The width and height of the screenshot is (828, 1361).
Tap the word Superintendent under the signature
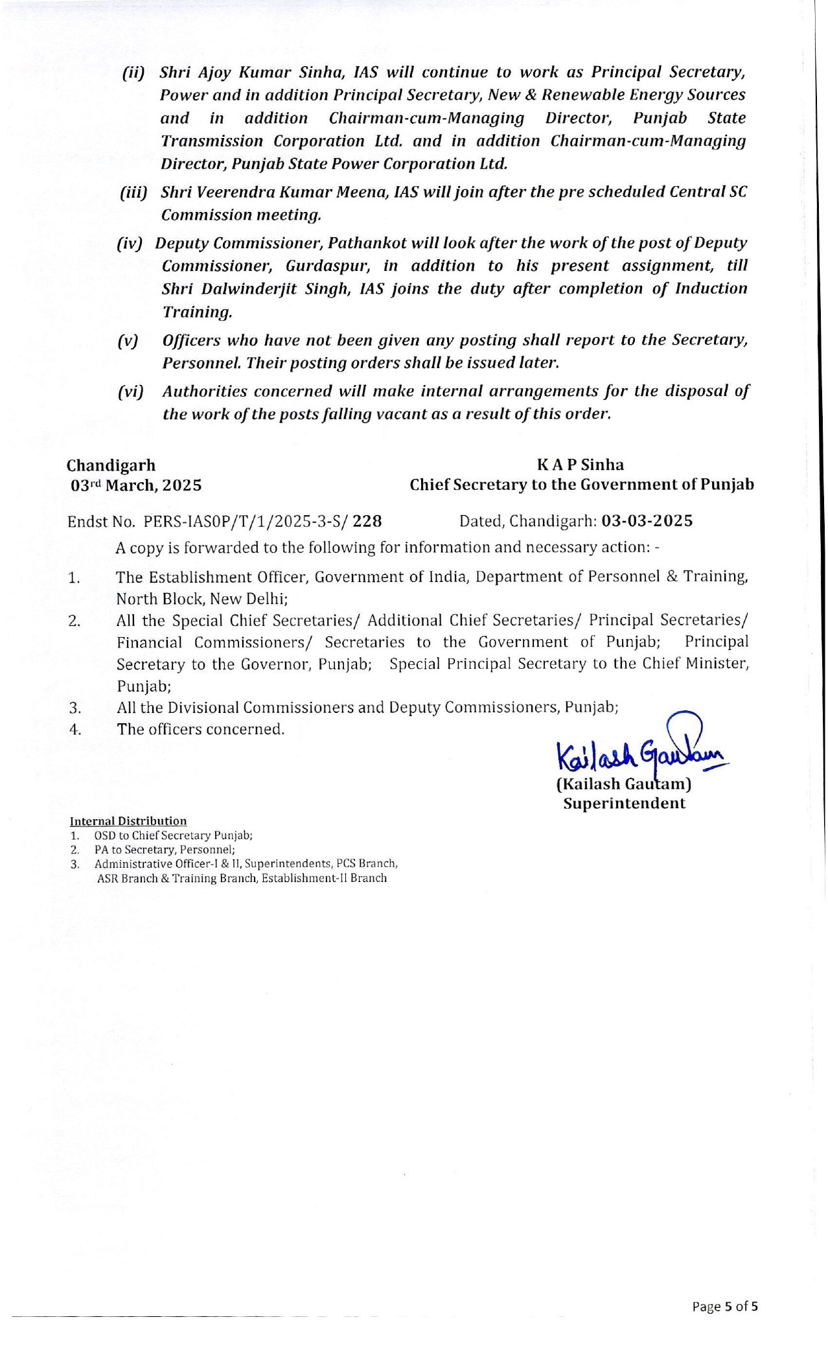point(624,804)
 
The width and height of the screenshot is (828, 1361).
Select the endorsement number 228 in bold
point(367,521)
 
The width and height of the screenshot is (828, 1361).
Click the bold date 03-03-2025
point(647,520)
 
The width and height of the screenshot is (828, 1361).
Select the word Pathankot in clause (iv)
point(367,243)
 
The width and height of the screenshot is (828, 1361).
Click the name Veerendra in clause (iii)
point(225,192)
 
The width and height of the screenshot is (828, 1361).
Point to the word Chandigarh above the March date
point(111,465)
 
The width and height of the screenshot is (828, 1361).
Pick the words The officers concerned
point(200,729)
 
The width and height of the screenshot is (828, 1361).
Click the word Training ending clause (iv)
point(196,312)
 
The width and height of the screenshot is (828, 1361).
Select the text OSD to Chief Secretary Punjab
point(173,835)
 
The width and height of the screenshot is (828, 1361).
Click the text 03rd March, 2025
point(135,485)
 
